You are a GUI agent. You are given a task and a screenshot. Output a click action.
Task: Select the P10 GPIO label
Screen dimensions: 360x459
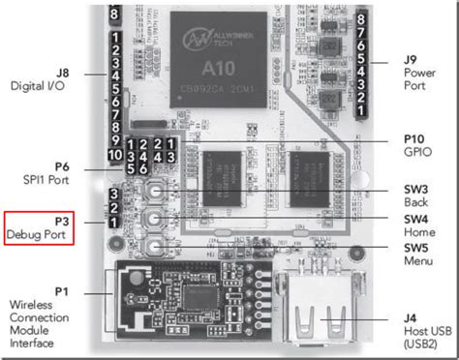click(419, 145)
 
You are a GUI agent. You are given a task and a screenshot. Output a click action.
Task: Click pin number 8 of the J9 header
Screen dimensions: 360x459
click(360, 17)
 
